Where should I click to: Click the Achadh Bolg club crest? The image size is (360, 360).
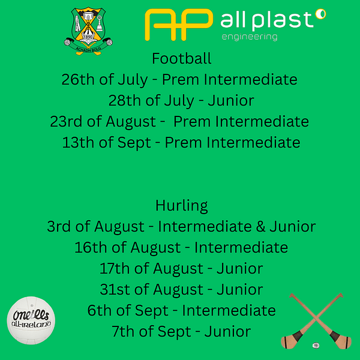(88, 31)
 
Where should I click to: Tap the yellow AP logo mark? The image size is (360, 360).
(179, 25)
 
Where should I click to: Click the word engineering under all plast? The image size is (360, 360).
(250, 37)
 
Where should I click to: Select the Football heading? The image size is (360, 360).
(181, 58)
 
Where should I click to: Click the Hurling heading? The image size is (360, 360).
(181, 206)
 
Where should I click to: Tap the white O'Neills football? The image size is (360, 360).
(31, 320)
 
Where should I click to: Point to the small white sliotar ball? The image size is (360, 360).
(316, 345)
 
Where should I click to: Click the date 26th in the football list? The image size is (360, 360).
(78, 79)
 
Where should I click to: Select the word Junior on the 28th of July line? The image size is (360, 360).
(231, 101)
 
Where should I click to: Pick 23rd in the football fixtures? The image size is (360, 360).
(66, 121)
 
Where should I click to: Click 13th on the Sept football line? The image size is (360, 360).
(78, 143)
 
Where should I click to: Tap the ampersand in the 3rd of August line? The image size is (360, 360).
(260, 227)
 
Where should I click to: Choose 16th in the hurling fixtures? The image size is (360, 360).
(91, 247)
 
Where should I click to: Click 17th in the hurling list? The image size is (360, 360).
(115, 269)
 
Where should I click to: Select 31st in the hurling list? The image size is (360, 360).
(115, 290)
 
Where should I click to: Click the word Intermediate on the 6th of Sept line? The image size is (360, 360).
(229, 311)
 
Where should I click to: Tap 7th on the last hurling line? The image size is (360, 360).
(123, 332)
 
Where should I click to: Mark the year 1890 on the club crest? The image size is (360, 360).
(88, 37)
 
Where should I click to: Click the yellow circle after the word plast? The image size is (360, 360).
(320, 14)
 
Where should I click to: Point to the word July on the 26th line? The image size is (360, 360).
(133, 80)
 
